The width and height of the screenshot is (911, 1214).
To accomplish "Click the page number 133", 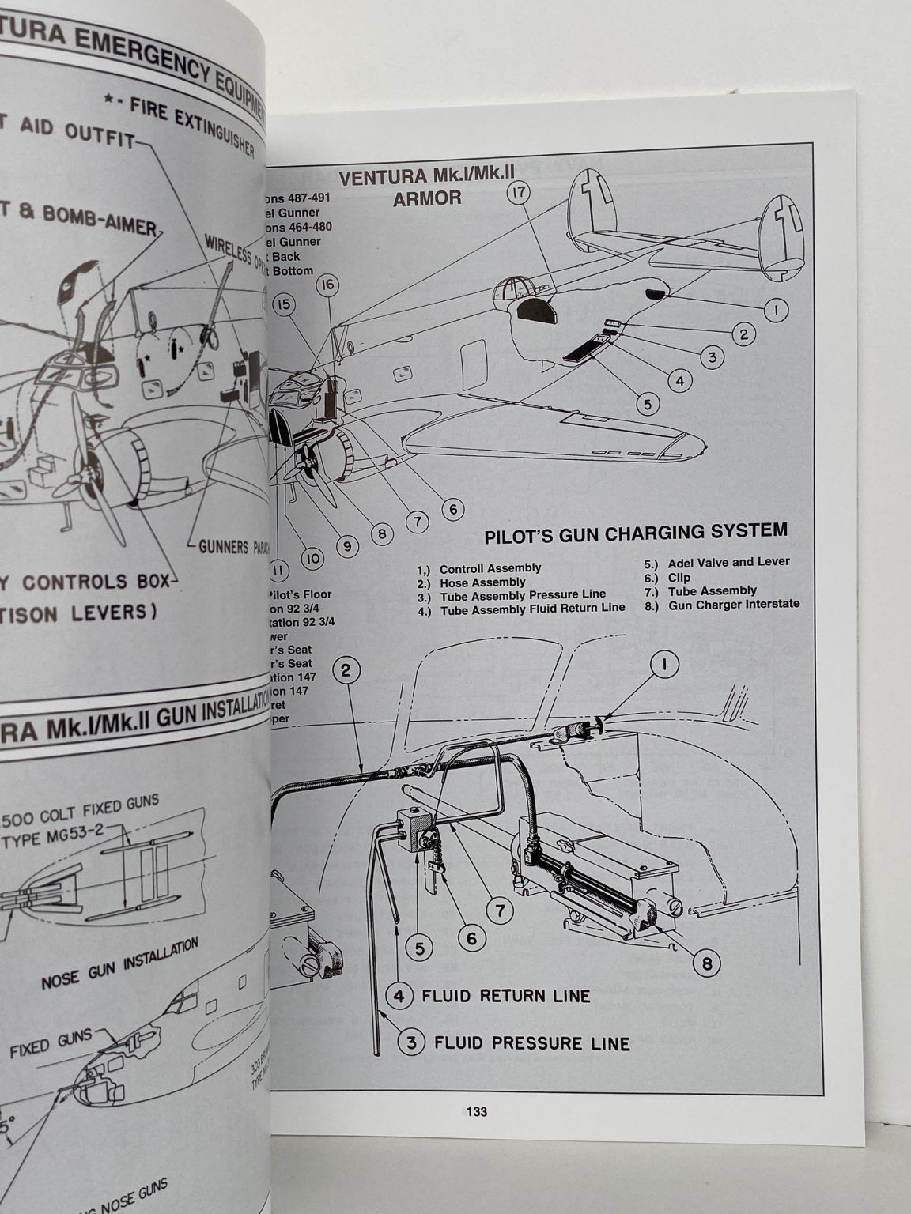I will coord(476,1111).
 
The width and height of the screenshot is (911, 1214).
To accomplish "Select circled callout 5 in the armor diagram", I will coord(648,404).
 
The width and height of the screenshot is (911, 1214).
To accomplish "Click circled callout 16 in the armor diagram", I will coord(328,285).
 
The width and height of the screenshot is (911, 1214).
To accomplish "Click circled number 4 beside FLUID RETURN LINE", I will coord(399,995).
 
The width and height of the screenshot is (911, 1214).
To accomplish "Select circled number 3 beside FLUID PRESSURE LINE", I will coord(411,1042).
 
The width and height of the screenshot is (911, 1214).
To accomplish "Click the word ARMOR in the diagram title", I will coord(427,198).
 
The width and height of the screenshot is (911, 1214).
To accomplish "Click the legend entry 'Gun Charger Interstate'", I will coord(733,604).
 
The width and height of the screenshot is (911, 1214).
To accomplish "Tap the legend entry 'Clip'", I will coord(679,577).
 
